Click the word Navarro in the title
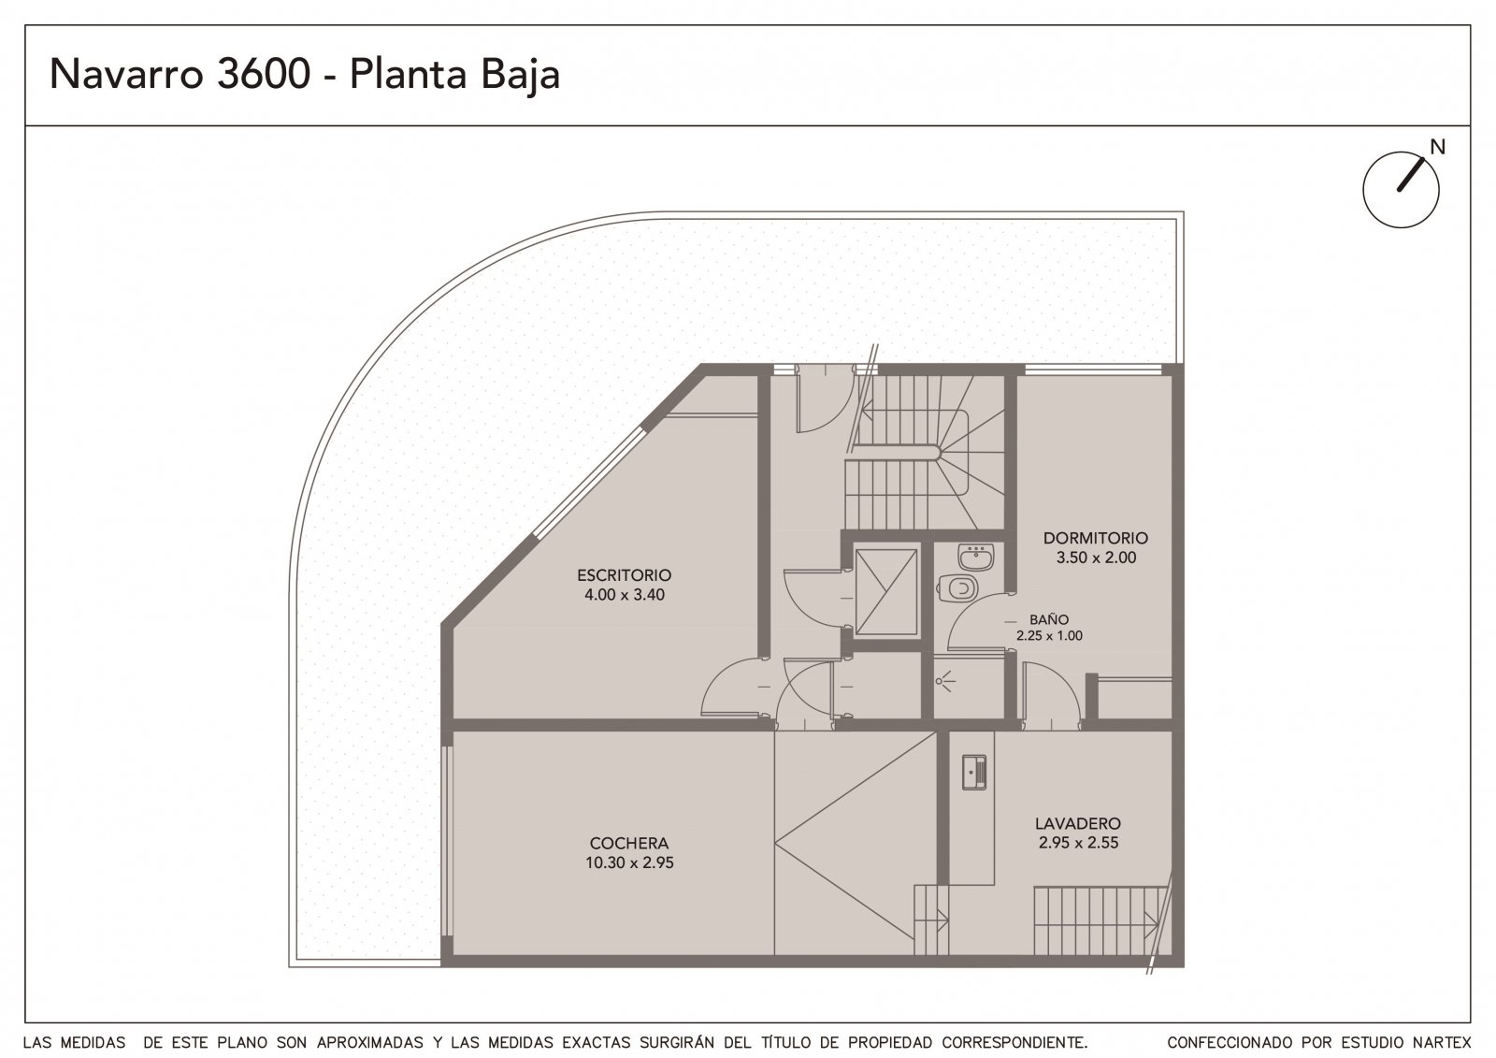(126, 74)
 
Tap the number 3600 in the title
(264, 74)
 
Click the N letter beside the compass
(1437, 147)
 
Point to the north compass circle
(1402, 191)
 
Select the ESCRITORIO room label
(624, 574)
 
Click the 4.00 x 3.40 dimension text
(625, 595)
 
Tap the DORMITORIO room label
(1095, 538)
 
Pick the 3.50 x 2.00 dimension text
(1096, 558)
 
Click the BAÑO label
(1048, 619)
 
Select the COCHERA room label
(629, 843)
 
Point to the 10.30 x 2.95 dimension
(629, 862)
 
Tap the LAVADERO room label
(1078, 823)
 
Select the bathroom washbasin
(975, 557)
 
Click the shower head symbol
(944, 682)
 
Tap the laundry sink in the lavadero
(973, 774)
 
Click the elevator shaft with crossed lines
(886, 591)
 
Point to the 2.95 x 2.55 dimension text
(1078, 843)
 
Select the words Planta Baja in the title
(454, 75)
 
